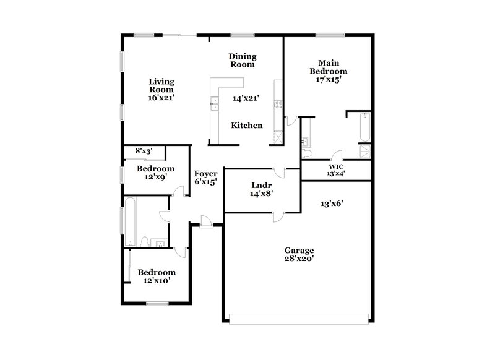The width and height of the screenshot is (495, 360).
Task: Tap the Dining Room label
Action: point(243,59)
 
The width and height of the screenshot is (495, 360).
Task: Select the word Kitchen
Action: point(247,126)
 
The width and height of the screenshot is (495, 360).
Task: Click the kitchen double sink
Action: point(214,103)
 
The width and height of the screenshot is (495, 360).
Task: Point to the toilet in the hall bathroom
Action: point(144,241)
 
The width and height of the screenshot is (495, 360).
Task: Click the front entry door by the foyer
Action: point(206,221)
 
